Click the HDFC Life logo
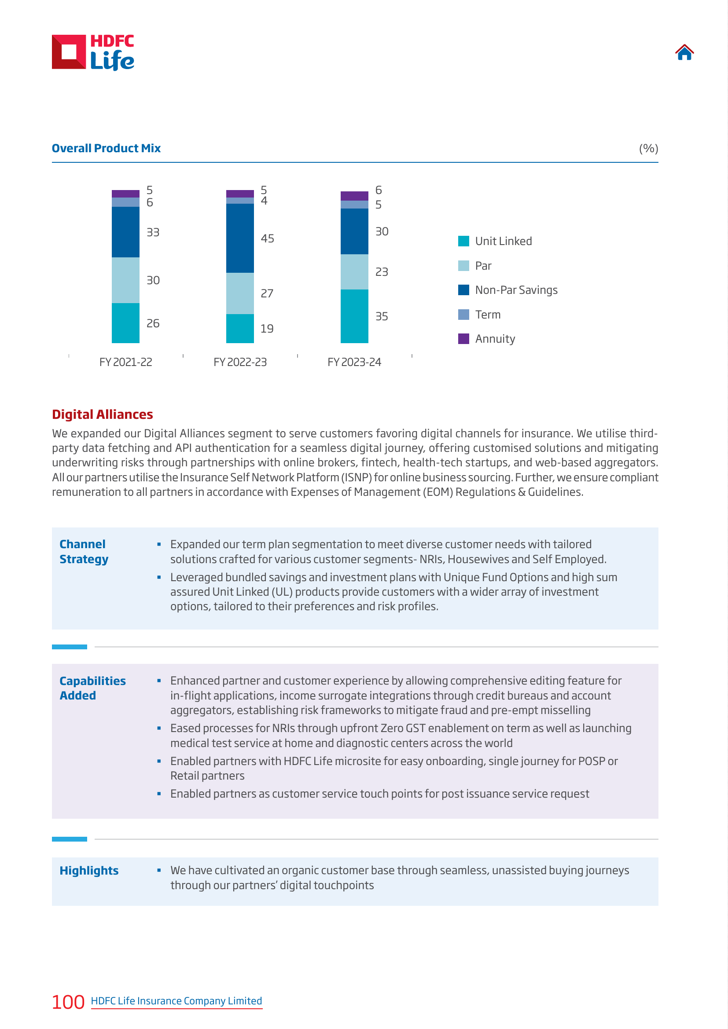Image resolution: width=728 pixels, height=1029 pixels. pos(93,52)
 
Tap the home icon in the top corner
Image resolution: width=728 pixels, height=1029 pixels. pos(684,52)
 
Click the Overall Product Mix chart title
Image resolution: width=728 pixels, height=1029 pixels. pos(106,148)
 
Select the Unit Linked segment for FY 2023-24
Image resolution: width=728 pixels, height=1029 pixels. pos(354,316)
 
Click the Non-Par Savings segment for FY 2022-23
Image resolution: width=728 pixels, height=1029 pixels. pos(240,238)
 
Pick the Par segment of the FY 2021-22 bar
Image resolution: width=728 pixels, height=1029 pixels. pos(125,280)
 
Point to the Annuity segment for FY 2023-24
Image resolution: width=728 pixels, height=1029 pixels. pos(354,196)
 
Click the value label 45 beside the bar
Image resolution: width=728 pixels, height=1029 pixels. pos(268,238)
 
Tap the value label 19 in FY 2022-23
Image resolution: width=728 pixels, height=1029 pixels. pos(267,329)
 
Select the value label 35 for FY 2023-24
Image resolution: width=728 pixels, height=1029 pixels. pos(382,316)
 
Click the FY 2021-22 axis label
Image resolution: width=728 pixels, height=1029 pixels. pos(126,362)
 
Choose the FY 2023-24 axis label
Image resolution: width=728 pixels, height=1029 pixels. pos(354,362)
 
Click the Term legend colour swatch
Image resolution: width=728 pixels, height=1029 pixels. pos(463,315)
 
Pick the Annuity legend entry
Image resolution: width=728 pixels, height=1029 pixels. pos(486,339)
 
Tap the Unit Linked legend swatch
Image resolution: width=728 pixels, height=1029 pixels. pos(463,241)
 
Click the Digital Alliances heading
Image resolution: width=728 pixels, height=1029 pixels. pos(103,414)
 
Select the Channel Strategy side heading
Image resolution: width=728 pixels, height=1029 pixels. pos(84,552)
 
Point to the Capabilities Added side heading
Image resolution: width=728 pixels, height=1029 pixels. pos(92,688)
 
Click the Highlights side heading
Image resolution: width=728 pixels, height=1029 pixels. pos(89,870)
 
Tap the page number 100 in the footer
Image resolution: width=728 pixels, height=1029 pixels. pos(68,1002)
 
